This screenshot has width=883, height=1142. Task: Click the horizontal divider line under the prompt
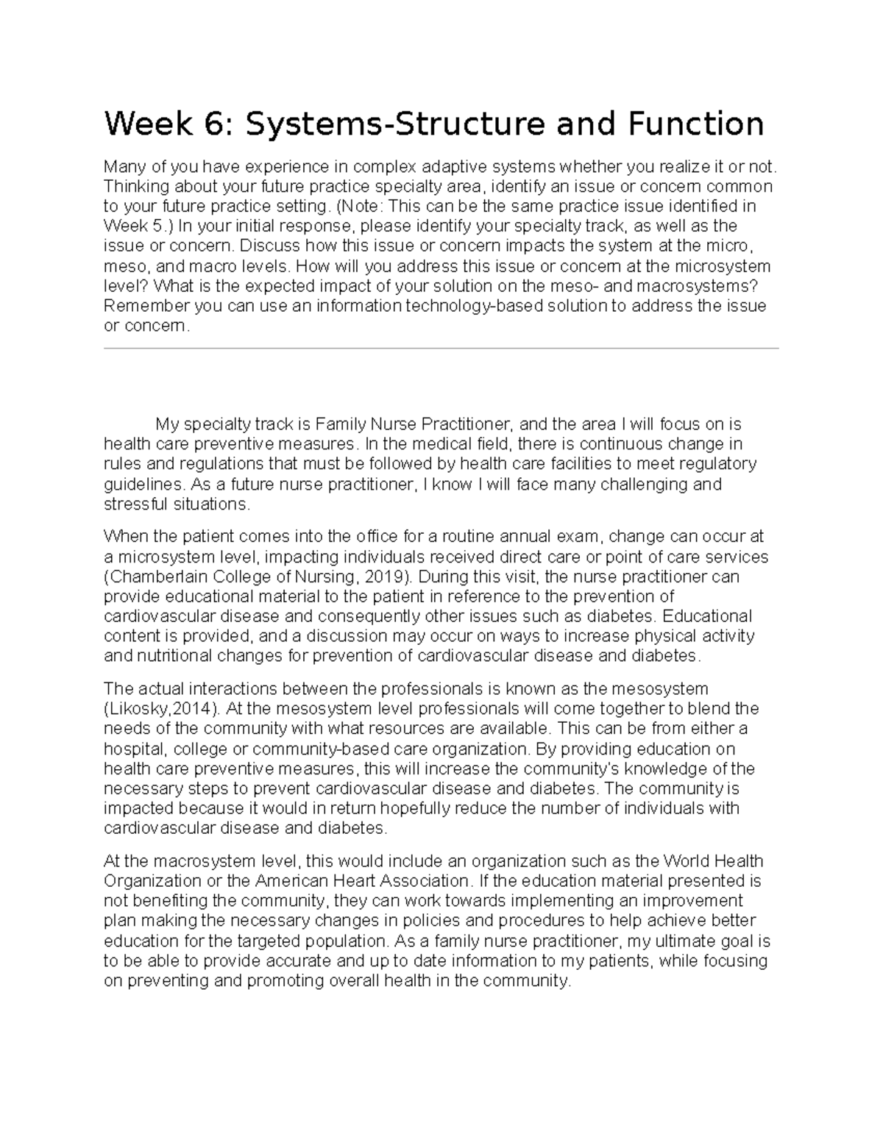click(x=441, y=349)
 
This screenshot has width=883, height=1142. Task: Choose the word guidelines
click(x=141, y=485)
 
